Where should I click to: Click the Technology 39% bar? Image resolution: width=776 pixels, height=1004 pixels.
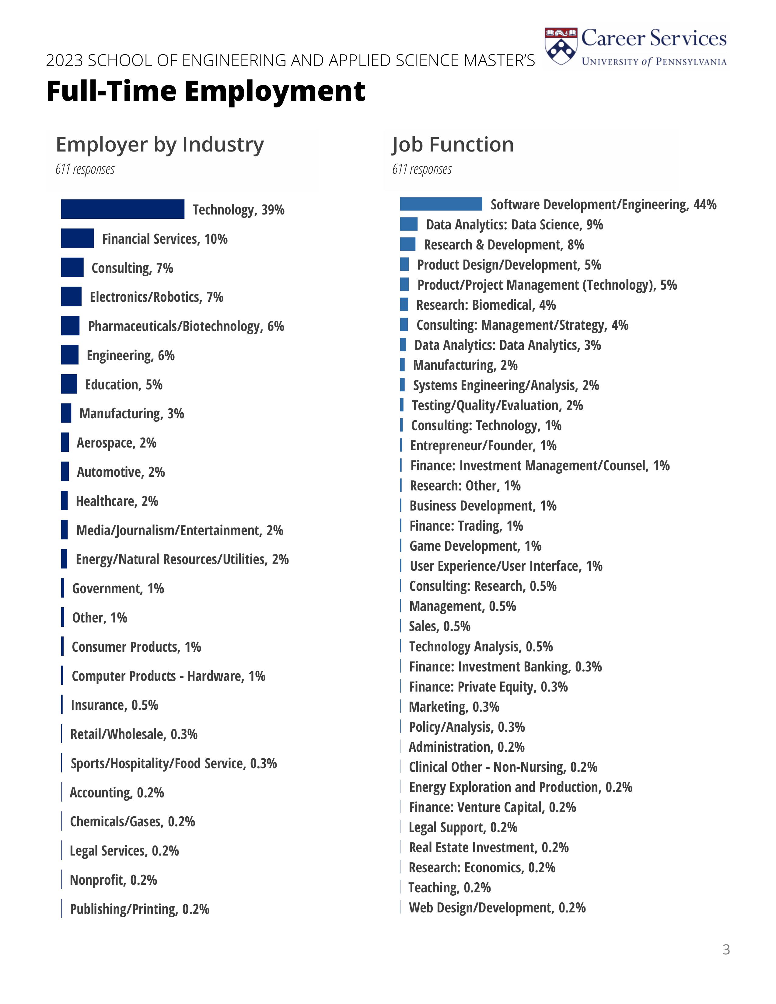click(x=122, y=209)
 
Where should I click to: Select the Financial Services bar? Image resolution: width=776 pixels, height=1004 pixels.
click(x=77, y=238)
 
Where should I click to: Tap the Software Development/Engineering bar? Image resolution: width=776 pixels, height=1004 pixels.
click(x=441, y=204)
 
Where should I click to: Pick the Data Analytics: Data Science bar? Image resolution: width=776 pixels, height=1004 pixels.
click(x=409, y=224)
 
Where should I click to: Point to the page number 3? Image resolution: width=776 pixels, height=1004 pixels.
click(x=726, y=949)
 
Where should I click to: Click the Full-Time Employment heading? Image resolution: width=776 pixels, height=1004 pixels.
click(x=205, y=91)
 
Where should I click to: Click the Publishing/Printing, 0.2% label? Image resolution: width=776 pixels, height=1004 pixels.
click(x=139, y=909)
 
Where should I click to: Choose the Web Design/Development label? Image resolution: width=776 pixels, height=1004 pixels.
click(x=497, y=908)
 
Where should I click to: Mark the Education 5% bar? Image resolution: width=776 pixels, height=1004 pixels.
click(x=69, y=384)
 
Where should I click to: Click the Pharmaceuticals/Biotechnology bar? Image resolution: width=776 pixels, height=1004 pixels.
click(x=70, y=326)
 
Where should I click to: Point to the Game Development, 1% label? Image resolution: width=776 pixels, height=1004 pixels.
click(x=475, y=546)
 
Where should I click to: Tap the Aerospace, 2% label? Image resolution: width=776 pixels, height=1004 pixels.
click(x=116, y=443)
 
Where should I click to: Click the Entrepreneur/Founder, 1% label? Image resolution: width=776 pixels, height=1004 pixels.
click(x=483, y=445)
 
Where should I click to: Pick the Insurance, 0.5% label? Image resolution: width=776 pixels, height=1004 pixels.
click(x=114, y=705)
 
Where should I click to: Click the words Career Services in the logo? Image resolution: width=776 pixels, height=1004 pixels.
click(x=654, y=38)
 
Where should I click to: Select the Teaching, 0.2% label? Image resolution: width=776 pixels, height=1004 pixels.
click(x=449, y=887)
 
